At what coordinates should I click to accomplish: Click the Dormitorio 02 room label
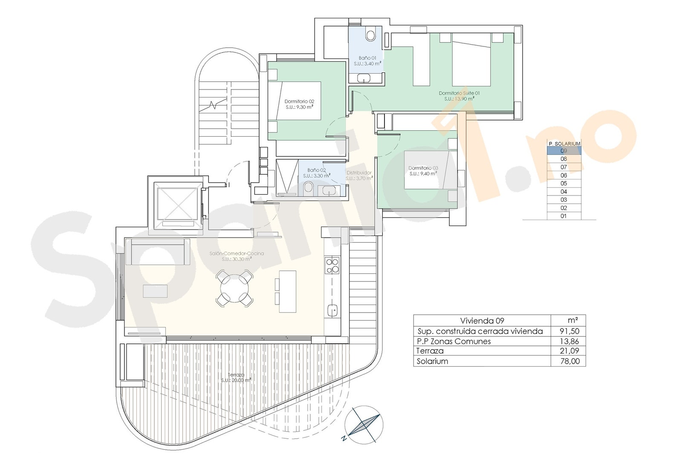(299, 104)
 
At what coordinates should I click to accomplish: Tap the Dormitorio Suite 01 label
(459, 95)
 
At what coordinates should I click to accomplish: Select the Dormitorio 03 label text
(423, 171)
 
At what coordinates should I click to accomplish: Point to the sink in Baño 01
(364, 78)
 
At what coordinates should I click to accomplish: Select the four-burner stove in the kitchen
(332, 266)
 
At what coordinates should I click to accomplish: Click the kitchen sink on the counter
(332, 310)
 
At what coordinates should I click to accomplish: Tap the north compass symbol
(364, 425)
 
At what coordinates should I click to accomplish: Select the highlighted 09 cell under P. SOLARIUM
(564, 151)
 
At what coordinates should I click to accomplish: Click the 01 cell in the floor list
(564, 216)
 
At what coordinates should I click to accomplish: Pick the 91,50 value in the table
(569, 331)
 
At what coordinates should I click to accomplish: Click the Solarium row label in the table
(432, 361)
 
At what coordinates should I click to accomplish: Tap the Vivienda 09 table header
(482, 321)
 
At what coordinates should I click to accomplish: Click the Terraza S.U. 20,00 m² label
(236, 378)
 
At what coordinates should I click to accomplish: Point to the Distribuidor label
(359, 175)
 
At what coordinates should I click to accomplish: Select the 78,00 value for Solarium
(569, 361)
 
